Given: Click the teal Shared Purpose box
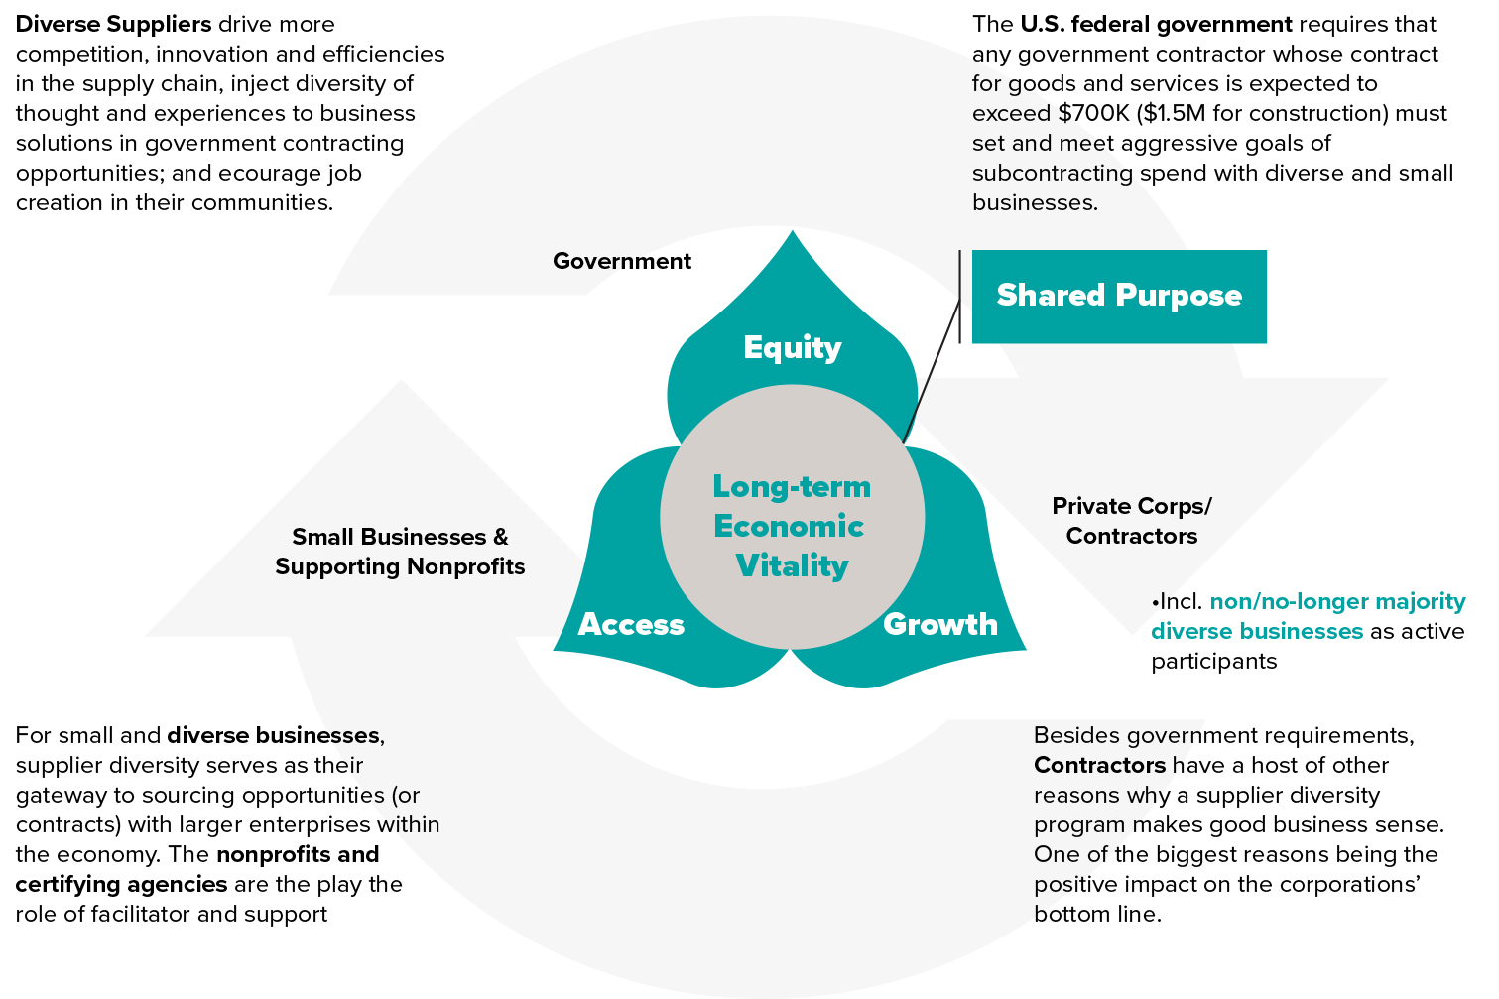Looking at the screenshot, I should coord(1118,296).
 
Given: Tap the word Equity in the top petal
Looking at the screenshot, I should coord(792,347).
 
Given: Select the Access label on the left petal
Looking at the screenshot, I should coord(631,624).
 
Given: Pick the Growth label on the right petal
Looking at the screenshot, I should coord(939,624).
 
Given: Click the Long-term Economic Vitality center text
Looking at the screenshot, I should coord(792,526).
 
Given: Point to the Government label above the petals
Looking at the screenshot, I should coord(622,261).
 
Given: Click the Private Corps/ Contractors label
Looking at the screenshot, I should coord(1132,521).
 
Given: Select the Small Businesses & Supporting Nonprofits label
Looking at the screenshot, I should coord(400,552).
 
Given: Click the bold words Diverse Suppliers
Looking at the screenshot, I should coord(114,24).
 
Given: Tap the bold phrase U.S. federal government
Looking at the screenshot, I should coord(1156,24).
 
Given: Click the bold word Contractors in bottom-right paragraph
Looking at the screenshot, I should coord(1099,765).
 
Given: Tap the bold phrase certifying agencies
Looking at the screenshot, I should coord(121,884).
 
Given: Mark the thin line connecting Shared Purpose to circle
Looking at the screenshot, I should coord(934,369).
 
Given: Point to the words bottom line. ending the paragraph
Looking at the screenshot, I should coord(1097,914).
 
